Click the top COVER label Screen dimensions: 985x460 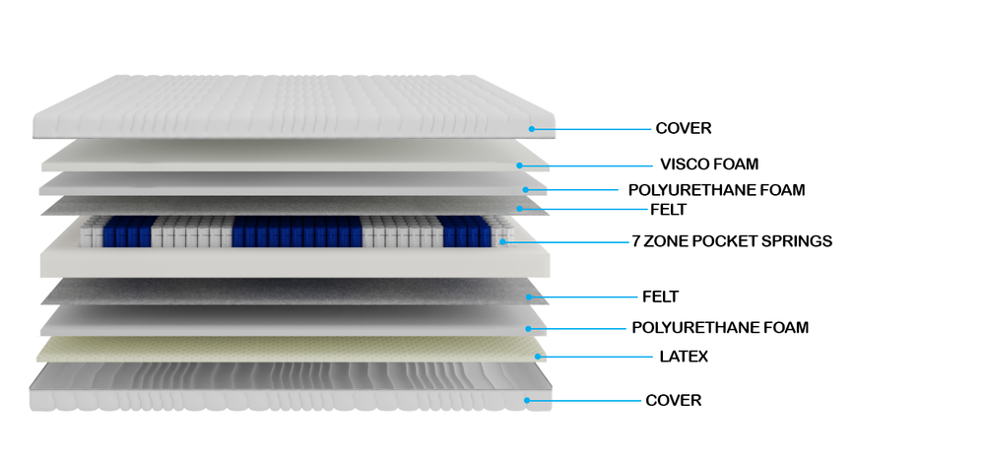(684, 128)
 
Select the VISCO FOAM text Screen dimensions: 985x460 (709, 164)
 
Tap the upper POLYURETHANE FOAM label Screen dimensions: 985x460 (717, 190)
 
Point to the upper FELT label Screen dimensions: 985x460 (669, 209)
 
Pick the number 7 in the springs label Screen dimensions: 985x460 (636, 240)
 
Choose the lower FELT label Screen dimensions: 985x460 (660, 296)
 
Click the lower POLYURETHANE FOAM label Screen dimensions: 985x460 (721, 327)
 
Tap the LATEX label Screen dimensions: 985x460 (685, 357)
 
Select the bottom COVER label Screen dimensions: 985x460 (674, 400)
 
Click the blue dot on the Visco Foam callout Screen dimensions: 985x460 (520, 165)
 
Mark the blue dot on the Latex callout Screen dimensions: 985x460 (539, 357)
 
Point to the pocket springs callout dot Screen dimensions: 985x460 (503, 240)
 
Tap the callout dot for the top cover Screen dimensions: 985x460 (532, 129)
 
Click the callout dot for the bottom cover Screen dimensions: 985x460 (528, 400)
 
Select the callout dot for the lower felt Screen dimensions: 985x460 (530, 296)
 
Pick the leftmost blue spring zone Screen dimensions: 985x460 (129, 231)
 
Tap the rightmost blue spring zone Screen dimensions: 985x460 (464, 231)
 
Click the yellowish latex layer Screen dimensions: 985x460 (293, 349)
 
